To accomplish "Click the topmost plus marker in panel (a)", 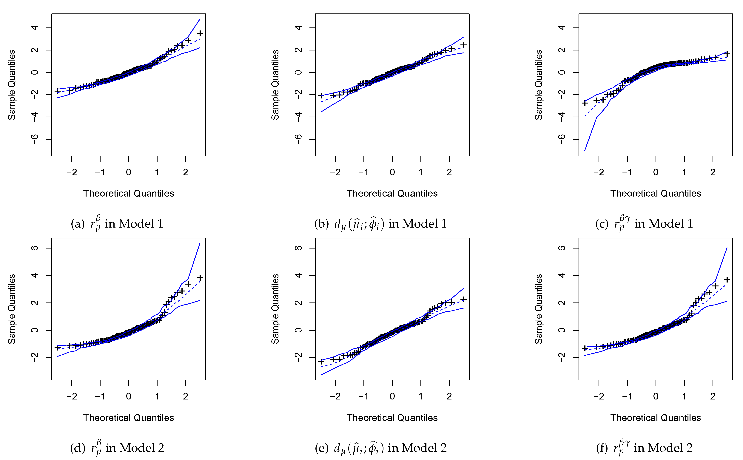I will (200, 33).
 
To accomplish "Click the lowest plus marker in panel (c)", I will (585, 103).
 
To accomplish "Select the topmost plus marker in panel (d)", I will (200, 277).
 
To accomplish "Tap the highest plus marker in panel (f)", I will (727, 279).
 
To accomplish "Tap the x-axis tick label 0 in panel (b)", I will (392, 172).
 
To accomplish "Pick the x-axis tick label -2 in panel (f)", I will (599, 396).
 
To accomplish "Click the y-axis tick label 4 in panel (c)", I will (562, 28).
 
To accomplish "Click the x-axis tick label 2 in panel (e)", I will (449, 396).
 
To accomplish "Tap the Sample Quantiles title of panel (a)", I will (12, 85).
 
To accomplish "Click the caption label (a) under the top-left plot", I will (77, 224).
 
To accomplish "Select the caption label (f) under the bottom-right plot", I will (602, 448).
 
